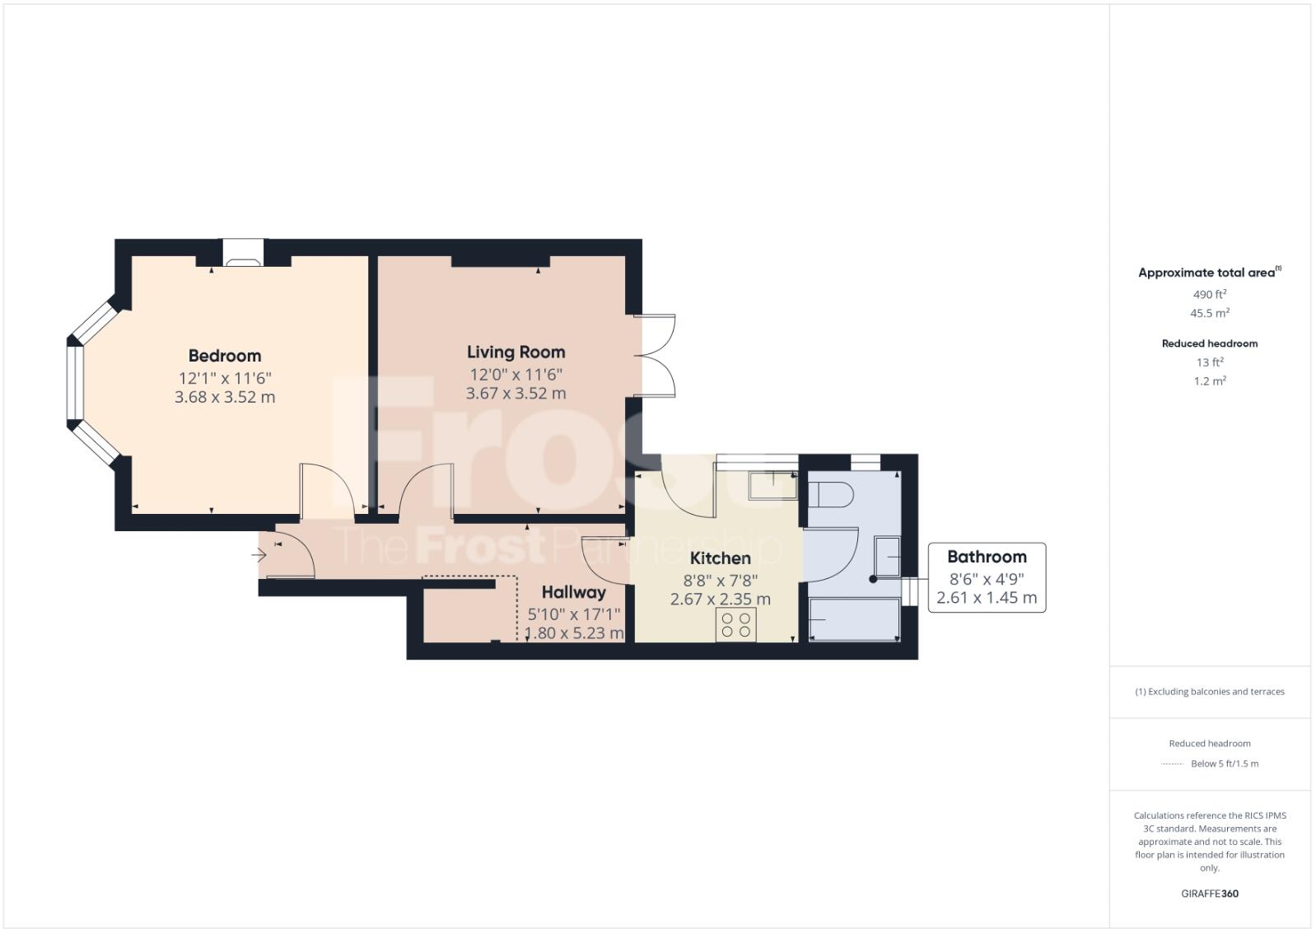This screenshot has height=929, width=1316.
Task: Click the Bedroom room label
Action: coord(224,356)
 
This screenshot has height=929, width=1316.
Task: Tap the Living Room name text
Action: coord(516,352)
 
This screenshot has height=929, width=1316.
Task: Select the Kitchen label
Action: coord(720,558)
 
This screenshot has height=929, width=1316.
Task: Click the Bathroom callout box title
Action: coord(987,557)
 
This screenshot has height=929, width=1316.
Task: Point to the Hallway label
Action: coord(573,592)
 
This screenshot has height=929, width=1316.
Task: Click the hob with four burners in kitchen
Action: coord(735,625)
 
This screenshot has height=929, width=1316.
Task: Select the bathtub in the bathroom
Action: coord(853,619)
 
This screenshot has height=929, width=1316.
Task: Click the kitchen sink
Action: coord(772,485)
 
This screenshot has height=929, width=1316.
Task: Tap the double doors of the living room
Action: coord(656,357)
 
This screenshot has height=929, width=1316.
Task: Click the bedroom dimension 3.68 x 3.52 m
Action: coord(225,397)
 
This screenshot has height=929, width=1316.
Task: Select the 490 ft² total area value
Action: coord(1209,294)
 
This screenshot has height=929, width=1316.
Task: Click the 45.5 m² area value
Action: coord(1209,313)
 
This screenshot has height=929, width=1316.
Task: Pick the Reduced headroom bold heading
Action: coord(1209,343)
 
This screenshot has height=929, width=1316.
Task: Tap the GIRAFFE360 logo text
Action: coord(1209,894)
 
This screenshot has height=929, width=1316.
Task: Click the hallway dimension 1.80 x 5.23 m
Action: coord(574,633)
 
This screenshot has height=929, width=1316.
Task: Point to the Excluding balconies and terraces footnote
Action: coord(1209,692)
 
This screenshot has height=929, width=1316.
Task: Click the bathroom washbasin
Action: coord(887,557)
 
